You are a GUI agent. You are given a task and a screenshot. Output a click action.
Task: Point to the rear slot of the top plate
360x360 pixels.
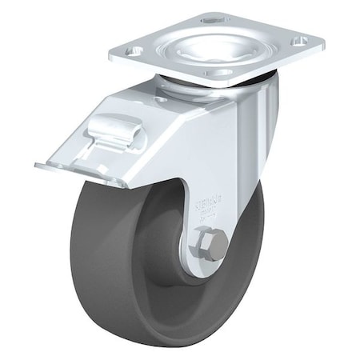pyautogui.click(x=214, y=17)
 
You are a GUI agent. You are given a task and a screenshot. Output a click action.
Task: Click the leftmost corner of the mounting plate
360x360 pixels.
pyautogui.click(x=110, y=57)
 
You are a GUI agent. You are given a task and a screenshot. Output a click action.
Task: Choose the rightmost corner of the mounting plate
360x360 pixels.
pyautogui.click(x=323, y=42)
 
